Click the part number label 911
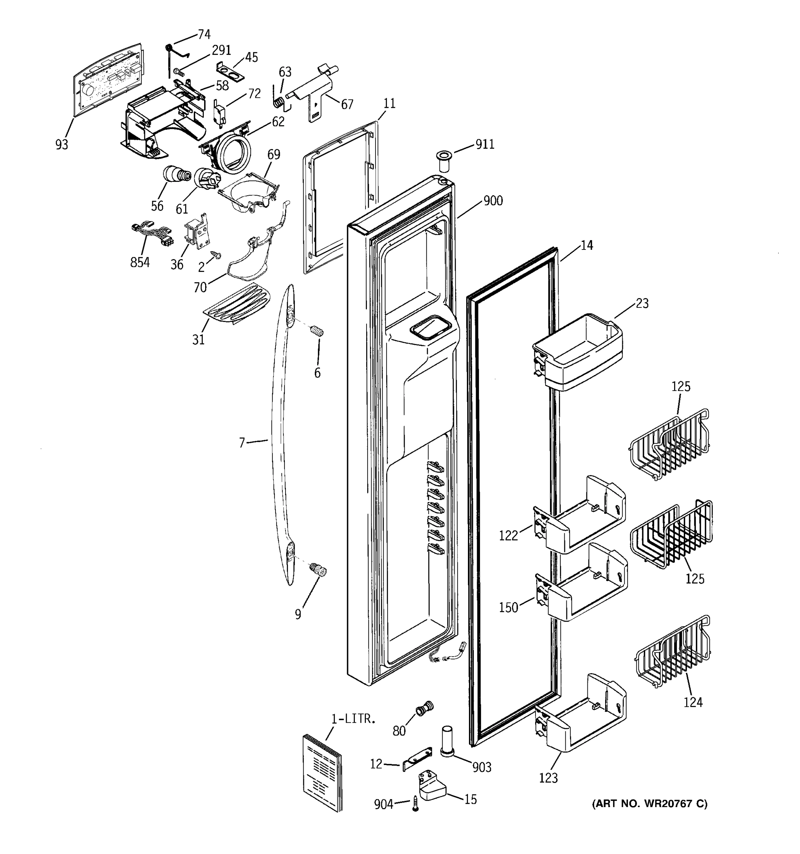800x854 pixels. coord(485,144)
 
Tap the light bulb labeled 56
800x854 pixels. coord(175,176)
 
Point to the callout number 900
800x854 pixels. coord(493,201)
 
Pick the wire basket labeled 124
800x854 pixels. coord(672,653)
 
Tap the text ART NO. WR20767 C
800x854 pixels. coord(649,803)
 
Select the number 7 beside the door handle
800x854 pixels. coord(242,442)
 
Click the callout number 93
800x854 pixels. coord(62,145)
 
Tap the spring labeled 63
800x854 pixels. coord(278,102)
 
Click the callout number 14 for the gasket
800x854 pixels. coord(587,245)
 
